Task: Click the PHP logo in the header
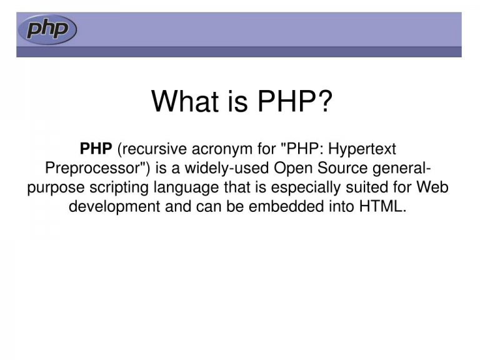47,29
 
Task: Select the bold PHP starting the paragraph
96,149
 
